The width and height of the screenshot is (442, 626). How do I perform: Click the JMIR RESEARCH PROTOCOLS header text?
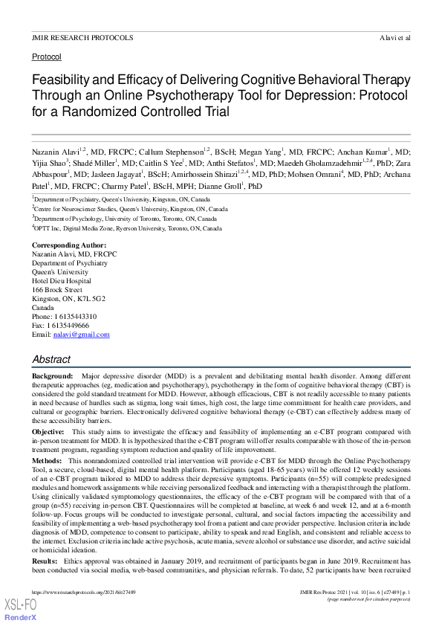coord(82,36)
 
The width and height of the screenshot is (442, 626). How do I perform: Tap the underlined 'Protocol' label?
coord(47,57)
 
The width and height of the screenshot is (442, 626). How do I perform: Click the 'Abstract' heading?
coord(51,358)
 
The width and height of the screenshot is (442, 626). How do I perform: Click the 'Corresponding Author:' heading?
coord(69,245)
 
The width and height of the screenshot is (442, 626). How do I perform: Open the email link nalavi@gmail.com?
coord(81,335)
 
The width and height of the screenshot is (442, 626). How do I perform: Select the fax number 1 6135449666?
coord(71,326)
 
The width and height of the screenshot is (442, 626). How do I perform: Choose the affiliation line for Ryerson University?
coord(126,229)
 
